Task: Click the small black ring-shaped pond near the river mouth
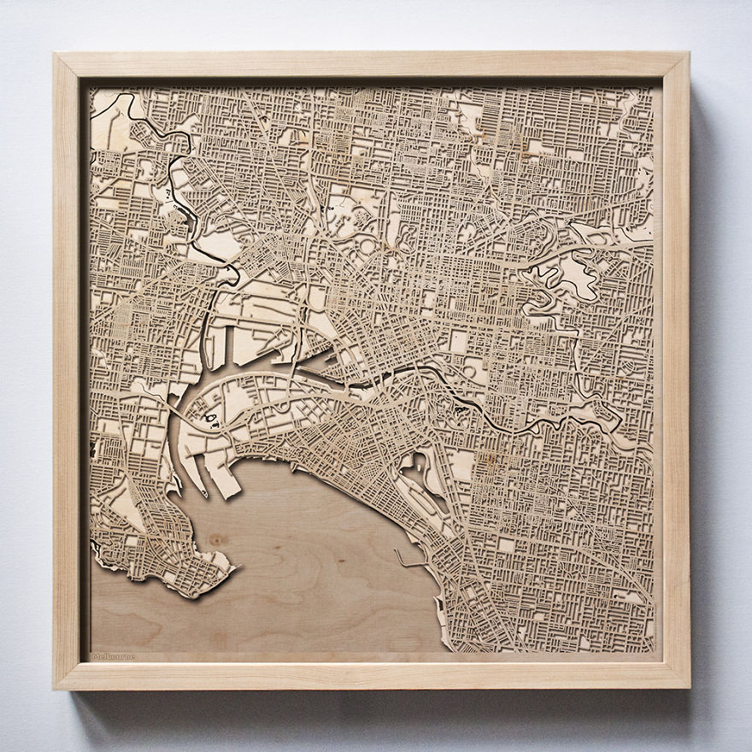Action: pyautogui.click(x=209, y=418)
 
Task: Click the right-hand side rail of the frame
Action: pyautogui.click(x=675, y=367)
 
